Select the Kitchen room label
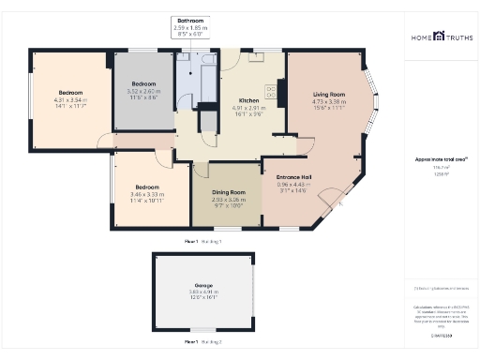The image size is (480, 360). coord(248,100)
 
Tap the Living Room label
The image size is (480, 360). coord(329,95)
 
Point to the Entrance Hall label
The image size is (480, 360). coord(293,177)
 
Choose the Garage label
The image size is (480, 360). coord(203,285)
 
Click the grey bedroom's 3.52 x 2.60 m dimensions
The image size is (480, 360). coord(144,91)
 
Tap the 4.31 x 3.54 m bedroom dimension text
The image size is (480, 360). coord(71,100)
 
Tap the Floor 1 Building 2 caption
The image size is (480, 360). coord(203,342)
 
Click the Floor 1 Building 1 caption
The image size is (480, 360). coord(203,241)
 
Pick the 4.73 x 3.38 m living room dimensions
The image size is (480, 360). coord(329,101)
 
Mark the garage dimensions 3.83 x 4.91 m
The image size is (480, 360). coord(203,292)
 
